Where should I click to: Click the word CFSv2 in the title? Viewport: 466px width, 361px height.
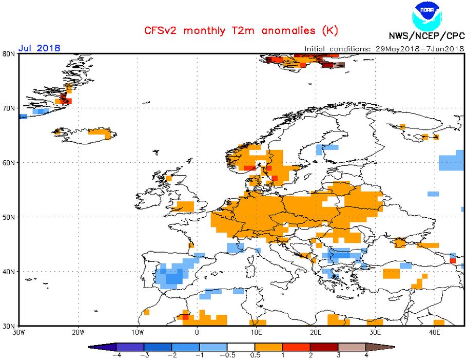point(159,31)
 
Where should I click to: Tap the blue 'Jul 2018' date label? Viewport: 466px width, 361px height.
point(39,48)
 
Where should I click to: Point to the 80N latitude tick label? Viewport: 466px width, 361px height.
point(8,53)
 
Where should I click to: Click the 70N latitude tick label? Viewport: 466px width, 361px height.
point(8,108)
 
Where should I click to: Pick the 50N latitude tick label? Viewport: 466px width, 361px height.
point(8,217)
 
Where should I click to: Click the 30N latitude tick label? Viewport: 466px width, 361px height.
point(8,326)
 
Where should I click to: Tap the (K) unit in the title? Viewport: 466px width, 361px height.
point(329,31)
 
